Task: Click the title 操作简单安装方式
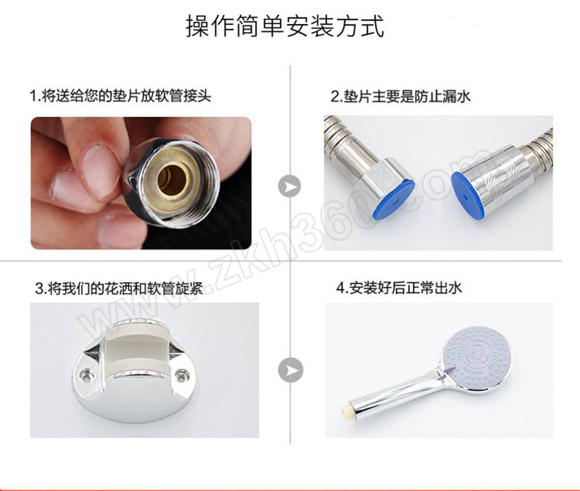285,26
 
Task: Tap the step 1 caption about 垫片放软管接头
120,96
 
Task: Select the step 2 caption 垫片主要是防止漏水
400,96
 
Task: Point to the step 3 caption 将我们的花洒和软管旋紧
119,288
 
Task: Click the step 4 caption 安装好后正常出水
399,287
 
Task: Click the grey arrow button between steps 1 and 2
289,186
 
